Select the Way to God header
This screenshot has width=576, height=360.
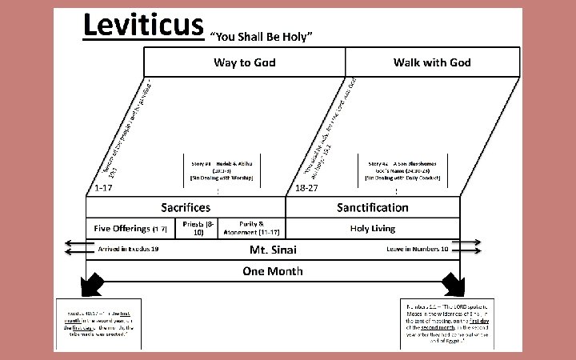[244, 62]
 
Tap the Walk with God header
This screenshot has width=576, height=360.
[432, 62]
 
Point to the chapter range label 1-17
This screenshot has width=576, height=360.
[102, 189]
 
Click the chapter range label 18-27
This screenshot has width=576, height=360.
[306, 189]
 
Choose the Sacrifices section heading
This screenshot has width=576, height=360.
[186, 207]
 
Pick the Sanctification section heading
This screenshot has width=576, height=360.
[372, 207]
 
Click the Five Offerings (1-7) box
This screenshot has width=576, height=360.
[130, 229]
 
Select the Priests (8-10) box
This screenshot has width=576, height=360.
[198, 229]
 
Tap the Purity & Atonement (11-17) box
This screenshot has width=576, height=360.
[250, 229]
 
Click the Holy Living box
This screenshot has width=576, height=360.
[372, 229]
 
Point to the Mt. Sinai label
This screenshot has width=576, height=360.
[274, 250]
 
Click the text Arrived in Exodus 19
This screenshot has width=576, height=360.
[128, 250]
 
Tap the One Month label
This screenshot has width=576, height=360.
[273, 271]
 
